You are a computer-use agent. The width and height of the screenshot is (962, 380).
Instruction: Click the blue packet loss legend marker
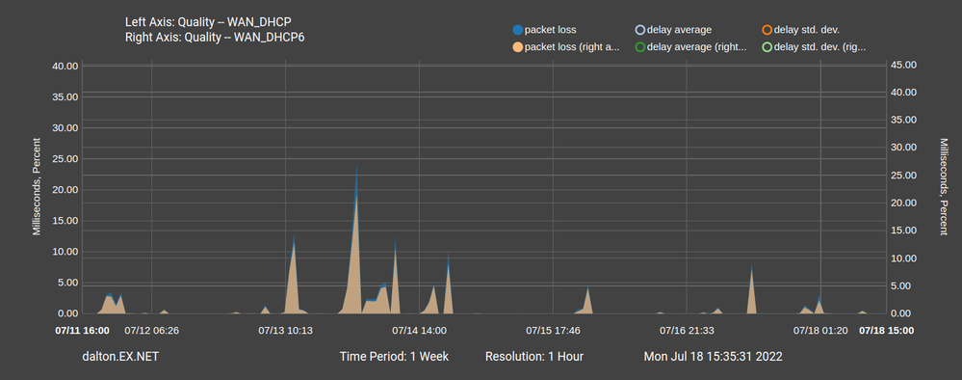pyautogui.click(x=519, y=30)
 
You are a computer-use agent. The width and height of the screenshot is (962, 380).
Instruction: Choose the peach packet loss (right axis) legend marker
pyautogui.click(x=519, y=45)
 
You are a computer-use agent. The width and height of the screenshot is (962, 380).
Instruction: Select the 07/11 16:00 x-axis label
pyautogui.click(x=82, y=330)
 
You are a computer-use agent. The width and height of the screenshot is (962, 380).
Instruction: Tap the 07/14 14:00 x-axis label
pyautogui.click(x=420, y=330)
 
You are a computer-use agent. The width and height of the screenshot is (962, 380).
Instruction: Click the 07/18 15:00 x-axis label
pyautogui.click(x=886, y=330)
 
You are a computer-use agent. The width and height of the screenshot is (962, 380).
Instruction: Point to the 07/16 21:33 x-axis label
pyautogui.click(x=687, y=330)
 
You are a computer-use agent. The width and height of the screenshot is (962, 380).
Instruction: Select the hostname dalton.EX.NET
pyautogui.click(x=121, y=356)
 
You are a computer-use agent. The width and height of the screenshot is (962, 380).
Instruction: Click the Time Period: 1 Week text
pyautogui.click(x=394, y=356)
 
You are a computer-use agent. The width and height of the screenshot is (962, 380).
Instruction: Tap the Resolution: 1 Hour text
pyautogui.click(x=533, y=356)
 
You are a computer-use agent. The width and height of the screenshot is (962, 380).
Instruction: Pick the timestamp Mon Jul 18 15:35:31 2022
pyautogui.click(x=713, y=356)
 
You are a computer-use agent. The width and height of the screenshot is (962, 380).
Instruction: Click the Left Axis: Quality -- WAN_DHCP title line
pyautogui.click(x=207, y=21)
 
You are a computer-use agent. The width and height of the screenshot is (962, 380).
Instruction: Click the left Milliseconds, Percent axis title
pyautogui.click(x=37, y=189)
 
